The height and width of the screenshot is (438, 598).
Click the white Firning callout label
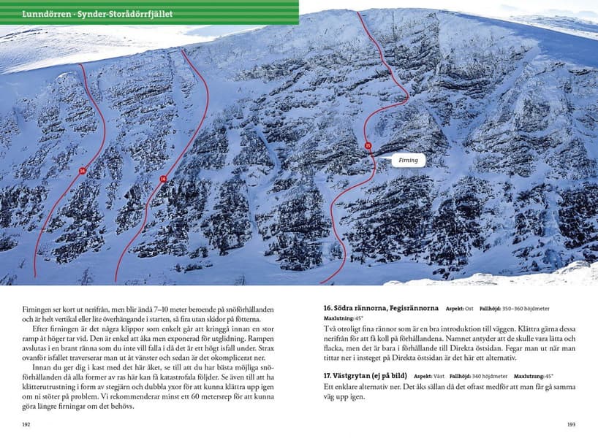pyautogui.click(x=407, y=159)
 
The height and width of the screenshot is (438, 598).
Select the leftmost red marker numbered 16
pyautogui.click(x=83, y=171)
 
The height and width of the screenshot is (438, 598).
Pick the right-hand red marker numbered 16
pyautogui.click(x=162, y=179)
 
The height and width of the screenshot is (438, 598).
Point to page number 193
pyautogui.click(x=571, y=424)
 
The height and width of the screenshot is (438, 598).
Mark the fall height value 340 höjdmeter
pyautogui.click(x=496, y=376)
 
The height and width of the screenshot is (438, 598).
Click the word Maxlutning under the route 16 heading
pyautogui.click(x=338, y=319)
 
